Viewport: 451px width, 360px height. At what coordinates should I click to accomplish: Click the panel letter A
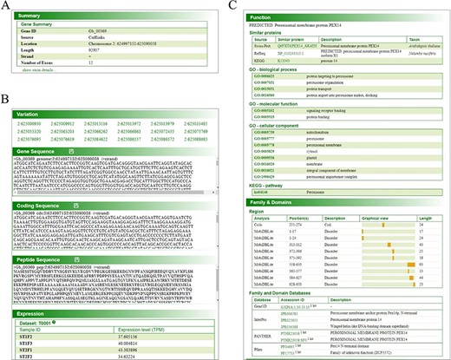point(6,6)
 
